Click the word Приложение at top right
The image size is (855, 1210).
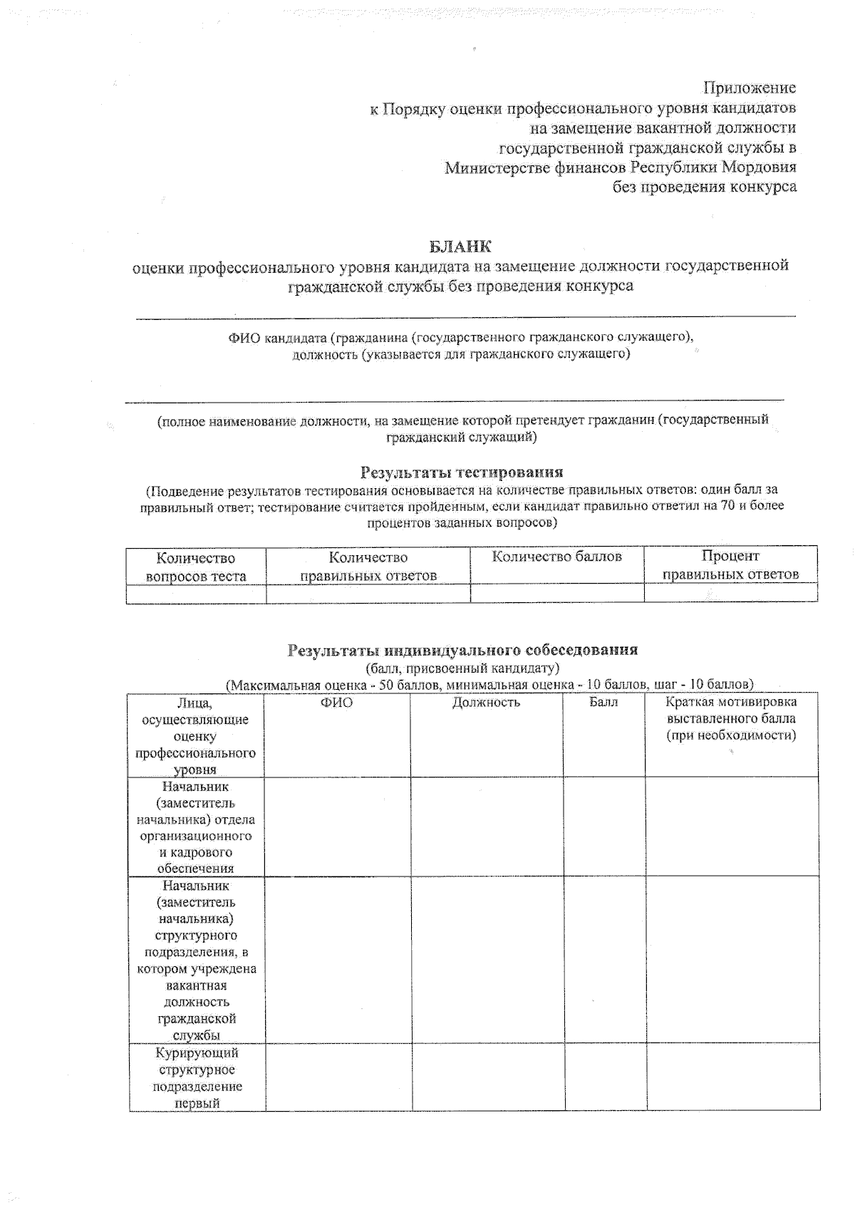click(x=750, y=88)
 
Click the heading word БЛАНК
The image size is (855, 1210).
click(x=460, y=247)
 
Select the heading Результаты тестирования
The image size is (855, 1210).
click(x=462, y=472)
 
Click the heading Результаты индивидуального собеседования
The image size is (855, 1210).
click(x=462, y=650)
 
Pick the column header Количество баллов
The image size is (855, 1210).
click(x=556, y=557)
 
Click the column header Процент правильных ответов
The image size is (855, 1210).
click(x=730, y=564)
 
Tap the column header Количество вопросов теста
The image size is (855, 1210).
click(x=196, y=567)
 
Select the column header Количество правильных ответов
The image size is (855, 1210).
click(x=368, y=566)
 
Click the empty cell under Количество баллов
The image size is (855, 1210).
click(x=556, y=593)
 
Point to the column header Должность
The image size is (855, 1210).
click(x=486, y=703)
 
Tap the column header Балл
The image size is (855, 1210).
click(x=603, y=703)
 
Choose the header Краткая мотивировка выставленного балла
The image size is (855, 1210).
click(x=731, y=718)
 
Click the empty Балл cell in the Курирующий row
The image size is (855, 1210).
click(x=606, y=1077)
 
